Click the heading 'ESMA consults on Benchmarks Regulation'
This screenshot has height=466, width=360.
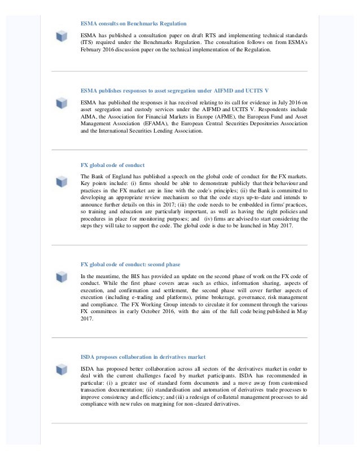[133, 24]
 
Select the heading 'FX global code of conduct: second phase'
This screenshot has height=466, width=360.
[138, 264]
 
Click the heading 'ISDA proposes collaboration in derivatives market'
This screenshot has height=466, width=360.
[143, 357]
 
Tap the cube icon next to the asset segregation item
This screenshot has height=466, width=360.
[62, 103]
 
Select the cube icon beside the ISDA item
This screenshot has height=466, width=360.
[62, 370]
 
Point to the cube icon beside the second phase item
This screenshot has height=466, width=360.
[62, 276]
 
